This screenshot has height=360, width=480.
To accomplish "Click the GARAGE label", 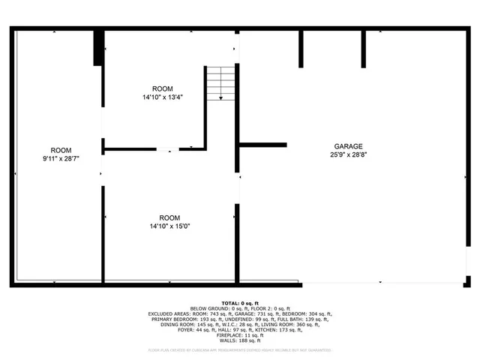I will point(349,146).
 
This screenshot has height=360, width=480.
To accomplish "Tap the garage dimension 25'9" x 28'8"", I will point(349,154).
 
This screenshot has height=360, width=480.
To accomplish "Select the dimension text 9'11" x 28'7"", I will point(61,159).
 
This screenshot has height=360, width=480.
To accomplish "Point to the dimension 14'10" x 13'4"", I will point(163,97).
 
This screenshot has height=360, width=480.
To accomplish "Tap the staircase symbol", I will point(220,82).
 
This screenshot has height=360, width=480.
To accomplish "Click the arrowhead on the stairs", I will point(220,97).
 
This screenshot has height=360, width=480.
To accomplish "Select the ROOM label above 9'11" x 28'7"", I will point(61,150).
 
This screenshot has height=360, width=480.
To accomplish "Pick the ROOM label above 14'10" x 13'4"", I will point(163,88).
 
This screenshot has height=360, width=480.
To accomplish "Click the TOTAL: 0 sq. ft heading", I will point(240,302).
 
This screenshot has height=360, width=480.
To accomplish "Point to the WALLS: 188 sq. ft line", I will point(240,340).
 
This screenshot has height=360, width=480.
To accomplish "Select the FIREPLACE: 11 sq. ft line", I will point(240,334).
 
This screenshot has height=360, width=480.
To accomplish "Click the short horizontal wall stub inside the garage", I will point(262,145).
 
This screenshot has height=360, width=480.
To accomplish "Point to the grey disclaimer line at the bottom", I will point(240,349).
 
